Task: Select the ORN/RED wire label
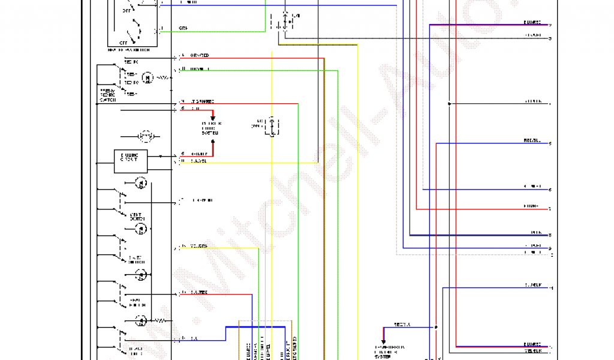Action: point(199,56)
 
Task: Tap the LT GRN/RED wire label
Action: point(202,101)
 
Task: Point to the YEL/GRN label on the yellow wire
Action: point(198,247)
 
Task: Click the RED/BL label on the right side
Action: point(532,141)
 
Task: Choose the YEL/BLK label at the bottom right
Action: point(532,350)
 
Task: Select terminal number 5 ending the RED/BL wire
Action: point(550,144)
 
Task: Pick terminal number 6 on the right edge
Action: point(550,190)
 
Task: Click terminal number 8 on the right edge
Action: point(550,235)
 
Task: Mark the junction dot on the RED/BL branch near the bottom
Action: point(436,328)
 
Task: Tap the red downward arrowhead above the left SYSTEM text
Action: point(212,119)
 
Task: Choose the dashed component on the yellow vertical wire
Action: point(273,127)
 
